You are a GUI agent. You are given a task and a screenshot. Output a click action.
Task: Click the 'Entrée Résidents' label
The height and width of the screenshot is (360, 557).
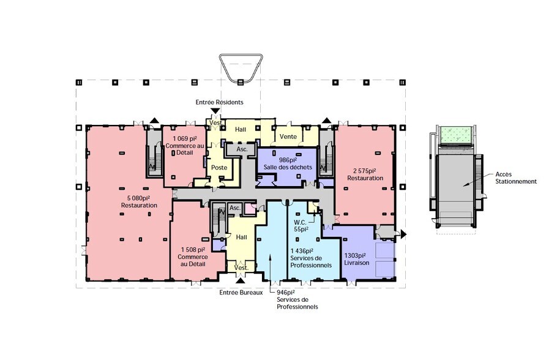tap(219, 102)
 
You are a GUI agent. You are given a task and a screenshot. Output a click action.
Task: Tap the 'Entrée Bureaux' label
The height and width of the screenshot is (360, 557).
tap(241, 293)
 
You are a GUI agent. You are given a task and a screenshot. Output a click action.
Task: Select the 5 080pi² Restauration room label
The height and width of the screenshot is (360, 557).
tap(139, 201)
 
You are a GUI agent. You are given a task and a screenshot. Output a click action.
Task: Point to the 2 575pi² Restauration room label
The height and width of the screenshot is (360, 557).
tap(365, 174)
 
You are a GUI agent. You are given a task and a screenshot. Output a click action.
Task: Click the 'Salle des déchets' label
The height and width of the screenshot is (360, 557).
tap(288, 167)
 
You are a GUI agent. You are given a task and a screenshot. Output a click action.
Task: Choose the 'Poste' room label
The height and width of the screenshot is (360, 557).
tap(219, 167)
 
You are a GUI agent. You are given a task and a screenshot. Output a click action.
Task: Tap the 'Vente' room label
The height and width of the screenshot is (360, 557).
tap(288, 137)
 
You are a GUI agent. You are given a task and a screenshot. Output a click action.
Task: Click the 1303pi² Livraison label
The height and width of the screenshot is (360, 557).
tap(356, 259)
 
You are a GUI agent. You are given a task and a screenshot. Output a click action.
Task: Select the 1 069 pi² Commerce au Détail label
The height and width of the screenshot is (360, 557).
tap(185, 145)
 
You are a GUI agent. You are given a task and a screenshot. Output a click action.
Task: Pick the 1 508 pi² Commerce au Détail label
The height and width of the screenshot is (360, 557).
tap(193, 257)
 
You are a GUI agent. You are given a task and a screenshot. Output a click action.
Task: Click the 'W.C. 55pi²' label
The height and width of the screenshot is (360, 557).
tap(301, 226)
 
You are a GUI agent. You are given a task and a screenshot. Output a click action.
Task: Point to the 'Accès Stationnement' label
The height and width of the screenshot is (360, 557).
tap(516, 178)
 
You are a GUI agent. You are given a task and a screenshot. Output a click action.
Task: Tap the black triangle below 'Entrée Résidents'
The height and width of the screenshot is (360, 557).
tap(215, 111)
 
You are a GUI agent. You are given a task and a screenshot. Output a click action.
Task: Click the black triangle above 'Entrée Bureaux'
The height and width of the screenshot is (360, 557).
tap(241, 281)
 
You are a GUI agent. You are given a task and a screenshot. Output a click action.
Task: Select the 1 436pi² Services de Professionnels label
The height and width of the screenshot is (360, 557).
tap(311, 258)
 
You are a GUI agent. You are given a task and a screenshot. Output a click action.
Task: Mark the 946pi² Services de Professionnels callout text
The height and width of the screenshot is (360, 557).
tap(297, 299)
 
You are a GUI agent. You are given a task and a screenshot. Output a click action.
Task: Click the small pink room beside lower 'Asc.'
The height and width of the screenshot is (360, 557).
tap(250, 208)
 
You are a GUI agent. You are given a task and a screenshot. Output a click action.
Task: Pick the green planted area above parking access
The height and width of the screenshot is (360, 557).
tap(457, 134)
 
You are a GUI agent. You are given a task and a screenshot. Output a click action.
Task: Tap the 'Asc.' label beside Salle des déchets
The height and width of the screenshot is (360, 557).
tap(242, 149)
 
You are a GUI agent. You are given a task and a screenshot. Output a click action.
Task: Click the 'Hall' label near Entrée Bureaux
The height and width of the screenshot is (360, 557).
tap(242, 237)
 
